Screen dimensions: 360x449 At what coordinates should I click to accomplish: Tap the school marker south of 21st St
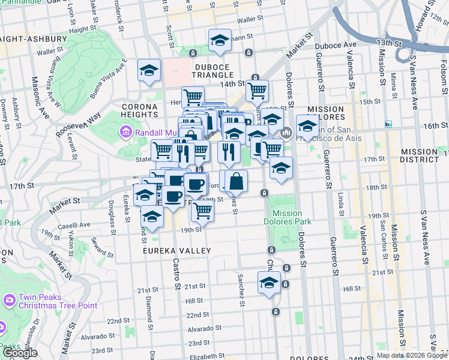(x=269, y=283)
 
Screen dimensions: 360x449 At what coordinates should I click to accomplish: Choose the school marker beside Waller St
(x=220, y=40)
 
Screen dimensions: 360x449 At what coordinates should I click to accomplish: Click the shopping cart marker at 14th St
(x=257, y=91)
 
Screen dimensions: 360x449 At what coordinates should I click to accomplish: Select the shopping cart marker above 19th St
(x=203, y=211)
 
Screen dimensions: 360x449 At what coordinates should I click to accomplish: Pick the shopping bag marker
(x=237, y=181)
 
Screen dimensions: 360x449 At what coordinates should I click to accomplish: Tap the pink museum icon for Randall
(x=126, y=131)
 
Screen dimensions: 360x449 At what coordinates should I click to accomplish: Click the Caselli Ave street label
(x=74, y=225)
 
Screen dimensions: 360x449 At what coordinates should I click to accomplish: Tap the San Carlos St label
(x=384, y=230)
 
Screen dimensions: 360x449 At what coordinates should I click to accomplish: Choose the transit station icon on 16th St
(x=388, y=124)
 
